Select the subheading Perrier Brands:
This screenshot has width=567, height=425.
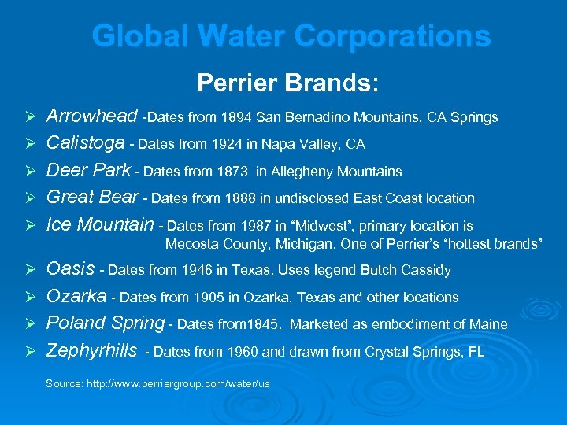(287, 82)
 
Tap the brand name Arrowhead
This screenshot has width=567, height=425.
(92, 117)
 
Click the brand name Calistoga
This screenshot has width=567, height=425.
(86, 144)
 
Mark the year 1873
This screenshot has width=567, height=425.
(232, 172)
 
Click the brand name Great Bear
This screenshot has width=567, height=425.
(93, 198)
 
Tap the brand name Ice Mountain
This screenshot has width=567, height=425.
(100, 224)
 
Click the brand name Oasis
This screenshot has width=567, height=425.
(71, 270)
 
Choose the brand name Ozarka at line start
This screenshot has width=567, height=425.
(76, 297)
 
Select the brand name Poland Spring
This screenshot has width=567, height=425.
(106, 323)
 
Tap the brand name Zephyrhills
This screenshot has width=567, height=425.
(92, 350)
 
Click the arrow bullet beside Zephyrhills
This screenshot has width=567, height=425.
(29, 351)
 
